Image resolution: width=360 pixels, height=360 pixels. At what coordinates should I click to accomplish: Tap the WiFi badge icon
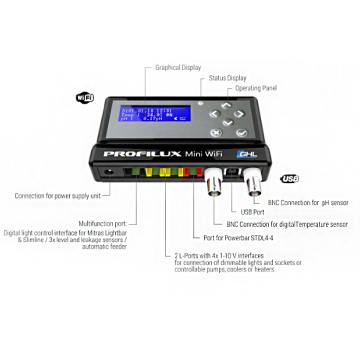pos(83,98)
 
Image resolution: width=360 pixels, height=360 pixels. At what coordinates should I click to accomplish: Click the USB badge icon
pos(291,179)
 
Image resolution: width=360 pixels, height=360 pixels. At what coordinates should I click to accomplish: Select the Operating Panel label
pos(255,88)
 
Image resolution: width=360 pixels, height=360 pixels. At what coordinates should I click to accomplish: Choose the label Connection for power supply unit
pos(56,196)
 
